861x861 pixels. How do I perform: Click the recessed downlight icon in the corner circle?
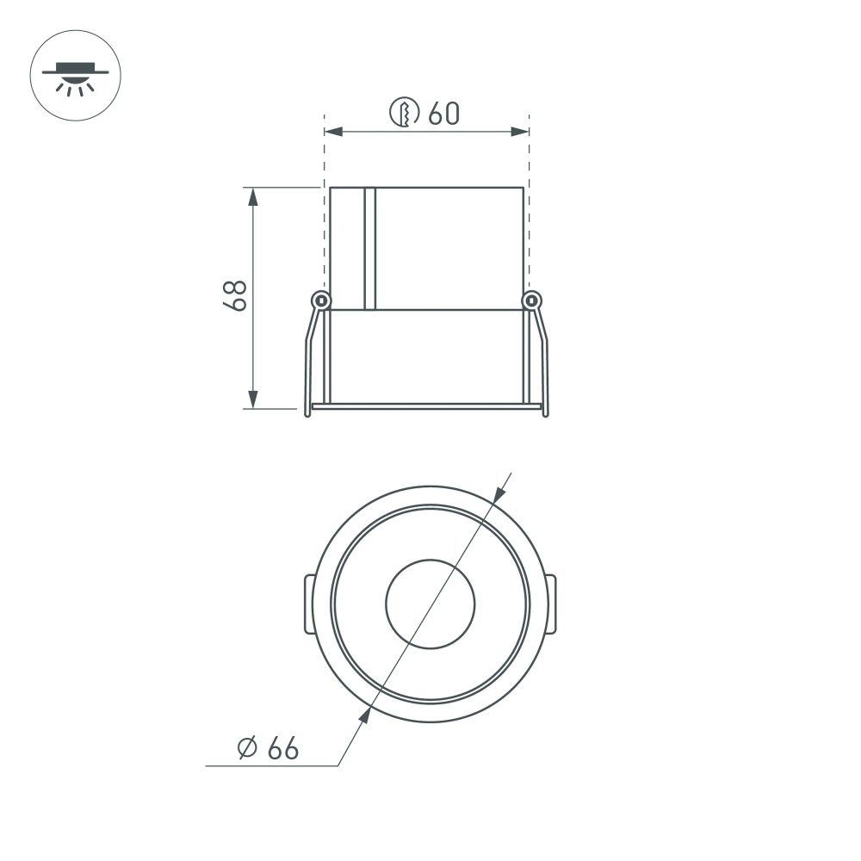pyautogui.click(x=75, y=75)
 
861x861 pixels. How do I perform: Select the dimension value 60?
pyautogui.click(x=443, y=113)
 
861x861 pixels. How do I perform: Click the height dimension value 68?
pyautogui.click(x=234, y=295)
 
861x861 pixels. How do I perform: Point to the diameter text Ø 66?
pyautogui.click(x=268, y=749)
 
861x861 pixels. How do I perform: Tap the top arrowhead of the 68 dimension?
pyautogui.click(x=252, y=196)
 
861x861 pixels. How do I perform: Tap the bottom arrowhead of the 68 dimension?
pyautogui.click(x=252, y=399)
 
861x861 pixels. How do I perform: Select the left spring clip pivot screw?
pyautogui.click(x=321, y=300)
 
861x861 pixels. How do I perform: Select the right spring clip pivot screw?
pyautogui.click(x=533, y=300)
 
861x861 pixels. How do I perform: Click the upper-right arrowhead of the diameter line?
pyautogui.click(x=499, y=493)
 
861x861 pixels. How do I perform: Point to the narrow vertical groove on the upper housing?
pyautogui.click(x=370, y=248)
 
